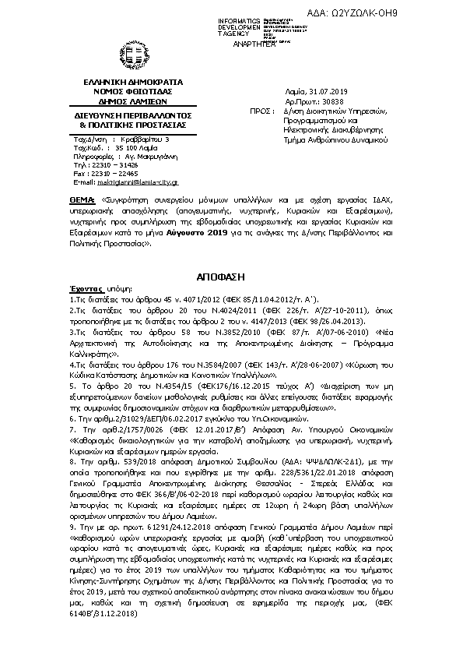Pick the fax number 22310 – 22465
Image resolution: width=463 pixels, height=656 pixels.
coord(116,173)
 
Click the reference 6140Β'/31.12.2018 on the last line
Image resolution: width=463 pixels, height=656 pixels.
coord(103,614)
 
